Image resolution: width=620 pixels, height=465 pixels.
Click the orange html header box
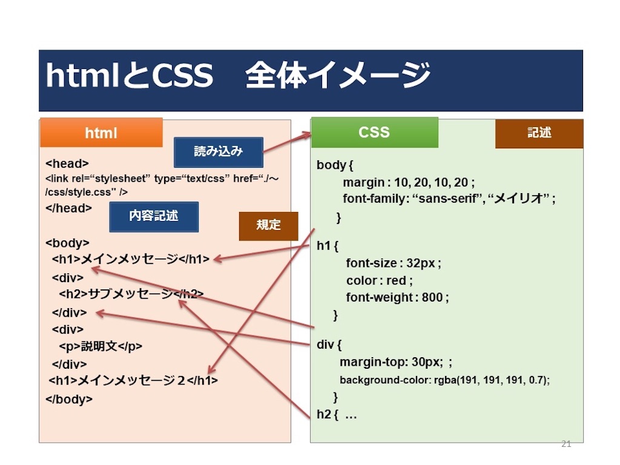click(101, 133)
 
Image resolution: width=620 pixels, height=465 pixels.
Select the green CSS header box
click(374, 133)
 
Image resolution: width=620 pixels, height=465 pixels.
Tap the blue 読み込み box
click(218, 152)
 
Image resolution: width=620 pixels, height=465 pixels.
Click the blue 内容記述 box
click(154, 217)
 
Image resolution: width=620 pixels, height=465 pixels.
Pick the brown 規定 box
click(268, 226)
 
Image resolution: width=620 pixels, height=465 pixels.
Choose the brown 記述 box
click(539, 133)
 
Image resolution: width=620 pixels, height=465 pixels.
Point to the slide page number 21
click(566, 444)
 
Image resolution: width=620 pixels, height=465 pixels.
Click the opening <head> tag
click(67, 163)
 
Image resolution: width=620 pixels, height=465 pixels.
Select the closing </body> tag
click(69, 400)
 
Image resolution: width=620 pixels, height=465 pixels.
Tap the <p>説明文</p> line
click(101, 346)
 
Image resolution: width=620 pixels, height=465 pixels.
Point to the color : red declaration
click(380, 280)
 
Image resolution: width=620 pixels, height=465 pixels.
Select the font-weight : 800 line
click(397, 297)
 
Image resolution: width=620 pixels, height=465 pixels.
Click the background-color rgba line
click(444, 380)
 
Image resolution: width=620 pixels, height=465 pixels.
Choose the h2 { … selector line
click(337, 414)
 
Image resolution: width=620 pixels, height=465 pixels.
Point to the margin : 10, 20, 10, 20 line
click(409, 182)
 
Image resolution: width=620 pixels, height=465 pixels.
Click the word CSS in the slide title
click(183, 75)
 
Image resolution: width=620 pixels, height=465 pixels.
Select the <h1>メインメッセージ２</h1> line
click(133, 380)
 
